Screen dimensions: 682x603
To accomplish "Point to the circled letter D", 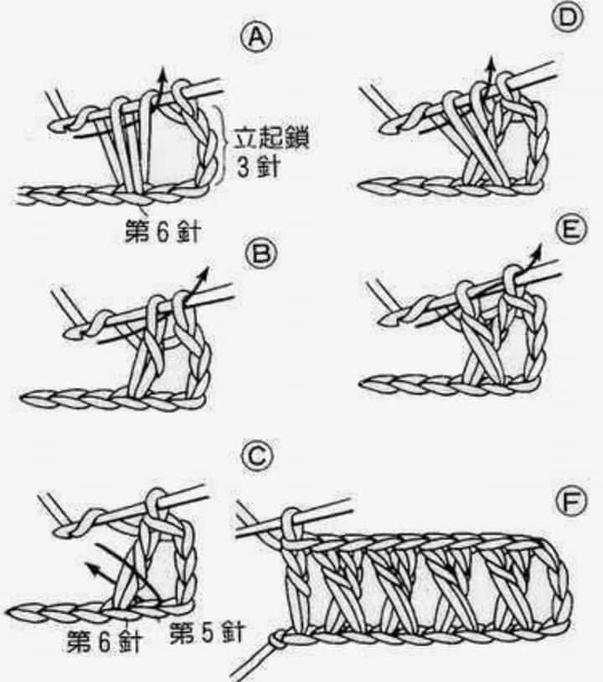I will (x=569, y=17).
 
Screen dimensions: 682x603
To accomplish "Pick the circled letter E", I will (x=569, y=230).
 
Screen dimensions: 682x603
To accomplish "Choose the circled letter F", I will (x=569, y=503).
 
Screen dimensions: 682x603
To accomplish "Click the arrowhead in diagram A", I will (x=163, y=78).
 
